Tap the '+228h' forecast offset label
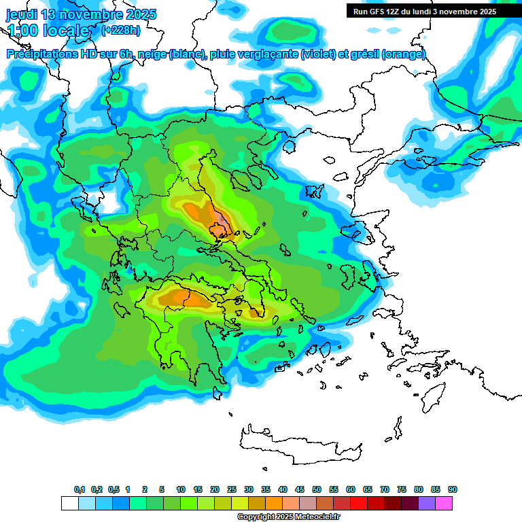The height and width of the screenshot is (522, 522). [121, 30]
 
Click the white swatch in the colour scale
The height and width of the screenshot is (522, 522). [69, 503]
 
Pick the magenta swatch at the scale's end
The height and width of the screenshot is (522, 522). [444, 503]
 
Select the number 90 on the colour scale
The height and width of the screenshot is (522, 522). [453, 490]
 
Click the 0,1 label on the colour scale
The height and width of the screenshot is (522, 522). [80, 490]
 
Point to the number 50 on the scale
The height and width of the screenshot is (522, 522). [317, 490]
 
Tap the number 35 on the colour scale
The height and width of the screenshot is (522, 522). [266, 490]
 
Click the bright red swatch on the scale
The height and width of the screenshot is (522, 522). [359, 503]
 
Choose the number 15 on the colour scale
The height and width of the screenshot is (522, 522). [198, 490]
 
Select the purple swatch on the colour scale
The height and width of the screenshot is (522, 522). [427, 503]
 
